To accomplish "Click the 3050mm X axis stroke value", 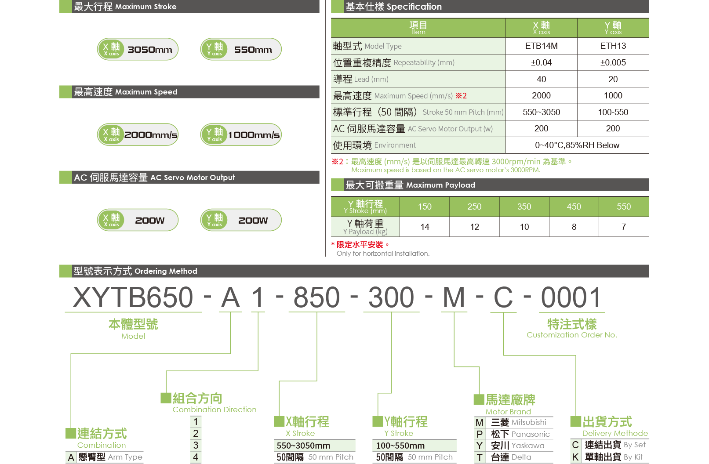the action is (x=150, y=50).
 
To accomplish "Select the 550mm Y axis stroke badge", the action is (x=241, y=49).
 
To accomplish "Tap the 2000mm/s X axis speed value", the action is (x=151, y=135).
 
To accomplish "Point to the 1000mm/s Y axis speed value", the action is (x=254, y=135).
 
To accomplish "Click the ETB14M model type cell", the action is (x=541, y=46).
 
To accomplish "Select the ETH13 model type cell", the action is (x=613, y=46).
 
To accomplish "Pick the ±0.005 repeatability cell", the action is (x=613, y=62).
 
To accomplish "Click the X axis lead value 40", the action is (x=541, y=79).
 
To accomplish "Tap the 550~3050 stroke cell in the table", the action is (x=541, y=112).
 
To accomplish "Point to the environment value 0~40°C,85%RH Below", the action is (x=577, y=145).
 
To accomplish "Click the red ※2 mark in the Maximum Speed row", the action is (x=461, y=96).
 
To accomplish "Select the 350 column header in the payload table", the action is (x=524, y=207).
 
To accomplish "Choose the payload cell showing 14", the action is (x=425, y=227).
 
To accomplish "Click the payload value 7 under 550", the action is (x=624, y=227).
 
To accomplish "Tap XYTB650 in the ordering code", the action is (x=133, y=297).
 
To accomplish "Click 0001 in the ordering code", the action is (x=571, y=297).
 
